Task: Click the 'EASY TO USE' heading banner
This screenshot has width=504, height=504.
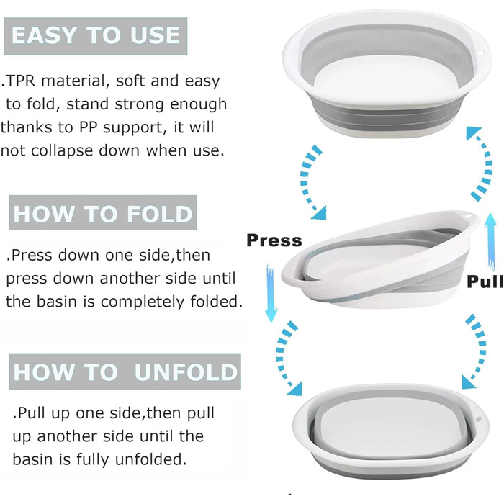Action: pos(96,36)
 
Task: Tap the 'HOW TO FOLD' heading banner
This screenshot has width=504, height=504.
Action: pos(103,212)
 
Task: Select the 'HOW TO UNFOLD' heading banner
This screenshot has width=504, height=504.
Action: pos(125,372)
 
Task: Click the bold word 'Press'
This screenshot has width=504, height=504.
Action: pos(274,240)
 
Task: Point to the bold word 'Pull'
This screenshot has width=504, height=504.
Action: pos(485,282)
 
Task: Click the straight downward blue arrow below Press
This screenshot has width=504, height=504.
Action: pos(271,292)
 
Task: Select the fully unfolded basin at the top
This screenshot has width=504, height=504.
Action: pos(387,74)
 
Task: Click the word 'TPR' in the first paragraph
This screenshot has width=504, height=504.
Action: pos(20,81)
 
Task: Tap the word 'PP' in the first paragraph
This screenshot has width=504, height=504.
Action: pos(88,127)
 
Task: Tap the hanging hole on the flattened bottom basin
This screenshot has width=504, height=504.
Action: pos(477,420)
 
